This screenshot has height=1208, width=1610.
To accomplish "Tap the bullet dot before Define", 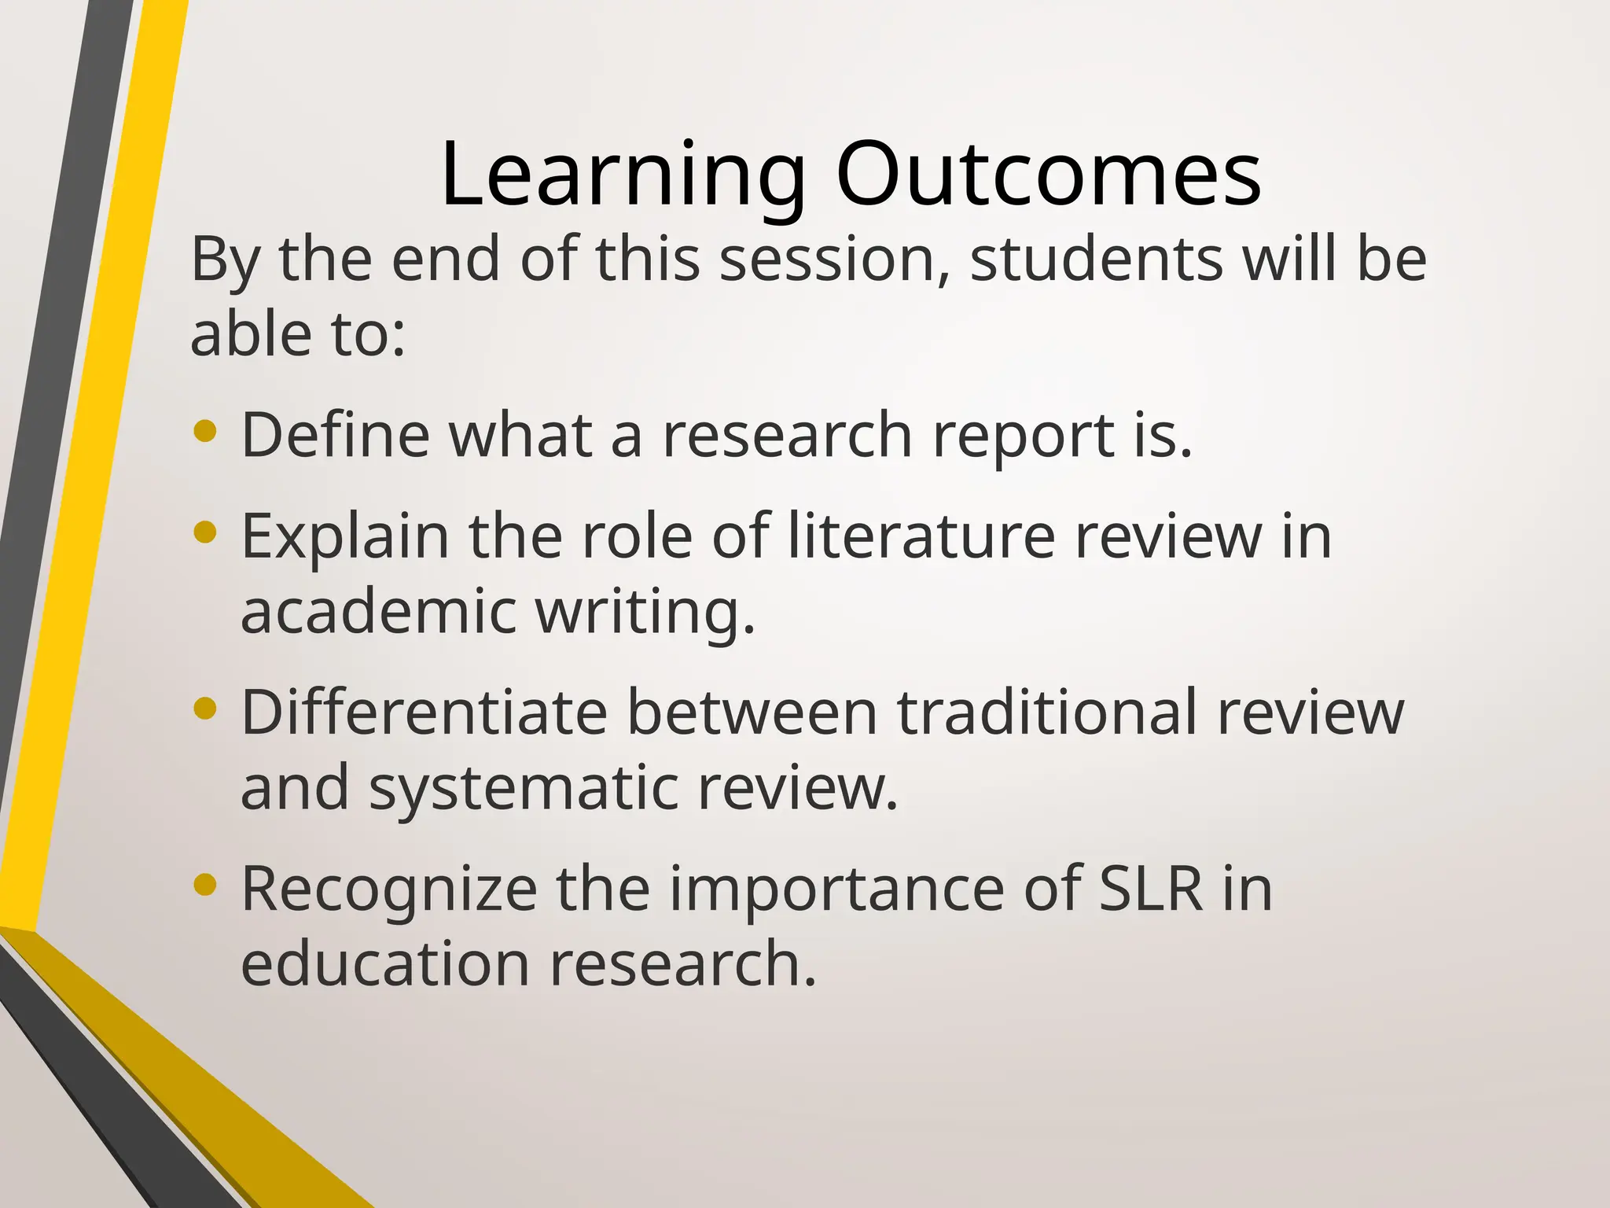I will [x=204, y=432].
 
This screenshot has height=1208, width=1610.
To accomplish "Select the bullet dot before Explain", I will [x=204, y=532].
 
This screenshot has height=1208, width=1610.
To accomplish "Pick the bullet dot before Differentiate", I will [x=204, y=709].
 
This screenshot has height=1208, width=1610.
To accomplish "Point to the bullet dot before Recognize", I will [x=204, y=886].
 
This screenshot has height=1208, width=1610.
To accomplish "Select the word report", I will [x=1022, y=436].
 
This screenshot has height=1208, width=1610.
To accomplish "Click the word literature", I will [x=921, y=536].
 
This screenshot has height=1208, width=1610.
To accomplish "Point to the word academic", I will [x=378, y=612].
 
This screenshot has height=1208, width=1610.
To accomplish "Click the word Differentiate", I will [x=424, y=713].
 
